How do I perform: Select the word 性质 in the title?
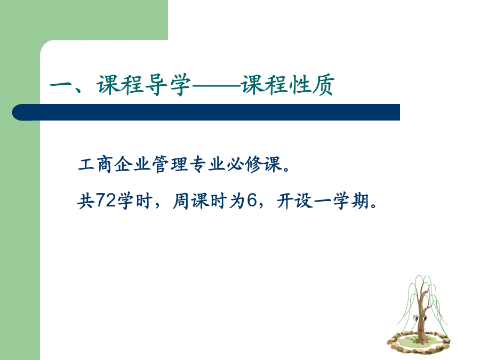coord(311,85)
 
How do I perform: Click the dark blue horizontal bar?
coord(206,112)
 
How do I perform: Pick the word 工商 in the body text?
coord(95,164)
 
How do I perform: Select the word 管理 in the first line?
coord(170,164)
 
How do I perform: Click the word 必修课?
coord(254,164)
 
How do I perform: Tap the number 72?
coord(106,201)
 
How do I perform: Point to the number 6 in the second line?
coord(252,201)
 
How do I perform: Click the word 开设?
coord(295,201)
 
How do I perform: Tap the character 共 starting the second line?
coord(86,201)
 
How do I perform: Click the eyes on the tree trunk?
coord(420,318)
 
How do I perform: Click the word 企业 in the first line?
coord(133,164)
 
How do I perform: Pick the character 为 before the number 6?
coord(237,201)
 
